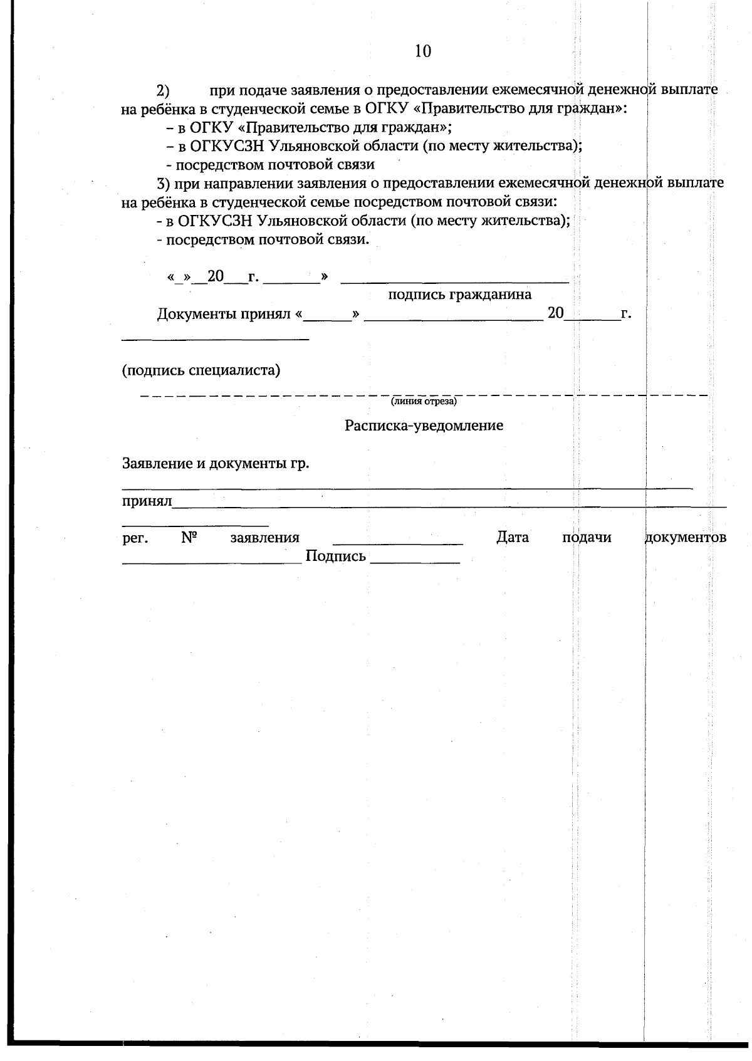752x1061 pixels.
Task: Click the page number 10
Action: click(x=423, y=51)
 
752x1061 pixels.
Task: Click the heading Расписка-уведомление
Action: click(x=424, y=426)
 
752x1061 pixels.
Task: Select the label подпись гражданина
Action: click(x=459, y=295)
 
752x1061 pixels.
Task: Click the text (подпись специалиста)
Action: click(x=201, y=370)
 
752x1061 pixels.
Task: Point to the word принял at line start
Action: click(x=147, y=501)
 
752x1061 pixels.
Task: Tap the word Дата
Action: click(x=512, y=538)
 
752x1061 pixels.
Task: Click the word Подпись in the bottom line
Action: click(x=335, y=557)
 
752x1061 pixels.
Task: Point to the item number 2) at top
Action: click(x=164, y=91)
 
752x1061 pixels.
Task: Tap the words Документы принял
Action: click(x=224, y=314)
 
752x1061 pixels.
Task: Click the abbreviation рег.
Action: click(x=135, y=538)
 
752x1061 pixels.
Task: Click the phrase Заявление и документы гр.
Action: click(x=216, y=464)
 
